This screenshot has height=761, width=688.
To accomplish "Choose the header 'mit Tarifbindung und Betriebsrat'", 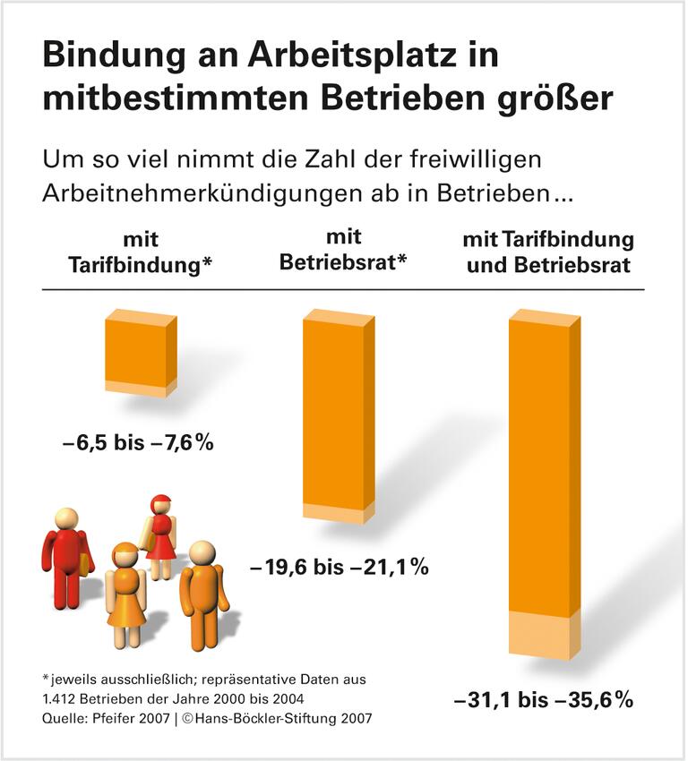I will [x=548, y=252].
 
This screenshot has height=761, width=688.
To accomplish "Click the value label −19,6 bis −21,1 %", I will [x=339, y=567].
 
